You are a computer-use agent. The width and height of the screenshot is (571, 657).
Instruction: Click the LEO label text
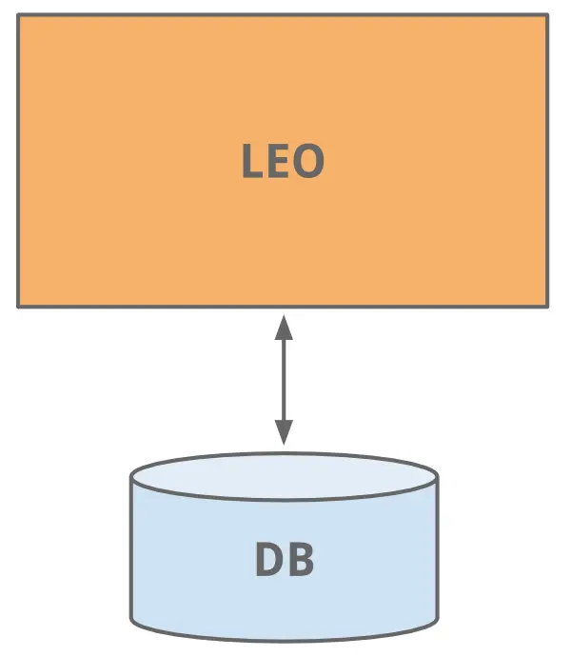click(283, 162)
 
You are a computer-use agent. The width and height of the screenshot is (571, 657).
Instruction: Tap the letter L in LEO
click(251, 162)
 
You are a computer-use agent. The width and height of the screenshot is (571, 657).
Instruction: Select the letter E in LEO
click(277, 162)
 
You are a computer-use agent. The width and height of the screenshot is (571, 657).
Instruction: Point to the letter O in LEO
click(306, 162)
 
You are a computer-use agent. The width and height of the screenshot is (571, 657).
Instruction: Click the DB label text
click(284, 560)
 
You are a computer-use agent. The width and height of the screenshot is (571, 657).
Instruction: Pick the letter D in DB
click(269, 560)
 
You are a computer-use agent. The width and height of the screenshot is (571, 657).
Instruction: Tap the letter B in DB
click(300, 560)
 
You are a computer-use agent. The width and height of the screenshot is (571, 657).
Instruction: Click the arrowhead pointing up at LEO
click(283, 327)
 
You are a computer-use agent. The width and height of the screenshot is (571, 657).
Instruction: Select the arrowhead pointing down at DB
click(283, 432)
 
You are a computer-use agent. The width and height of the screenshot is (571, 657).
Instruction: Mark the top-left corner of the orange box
click(19, 15)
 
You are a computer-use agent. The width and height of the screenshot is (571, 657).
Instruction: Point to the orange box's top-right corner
click(547, 15)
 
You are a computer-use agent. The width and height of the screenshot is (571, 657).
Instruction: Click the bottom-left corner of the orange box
click(19, 306)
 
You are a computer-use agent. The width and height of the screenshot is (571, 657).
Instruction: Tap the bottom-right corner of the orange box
click(547, 306)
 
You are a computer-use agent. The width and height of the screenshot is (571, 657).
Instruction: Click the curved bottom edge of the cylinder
click(284, 639)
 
